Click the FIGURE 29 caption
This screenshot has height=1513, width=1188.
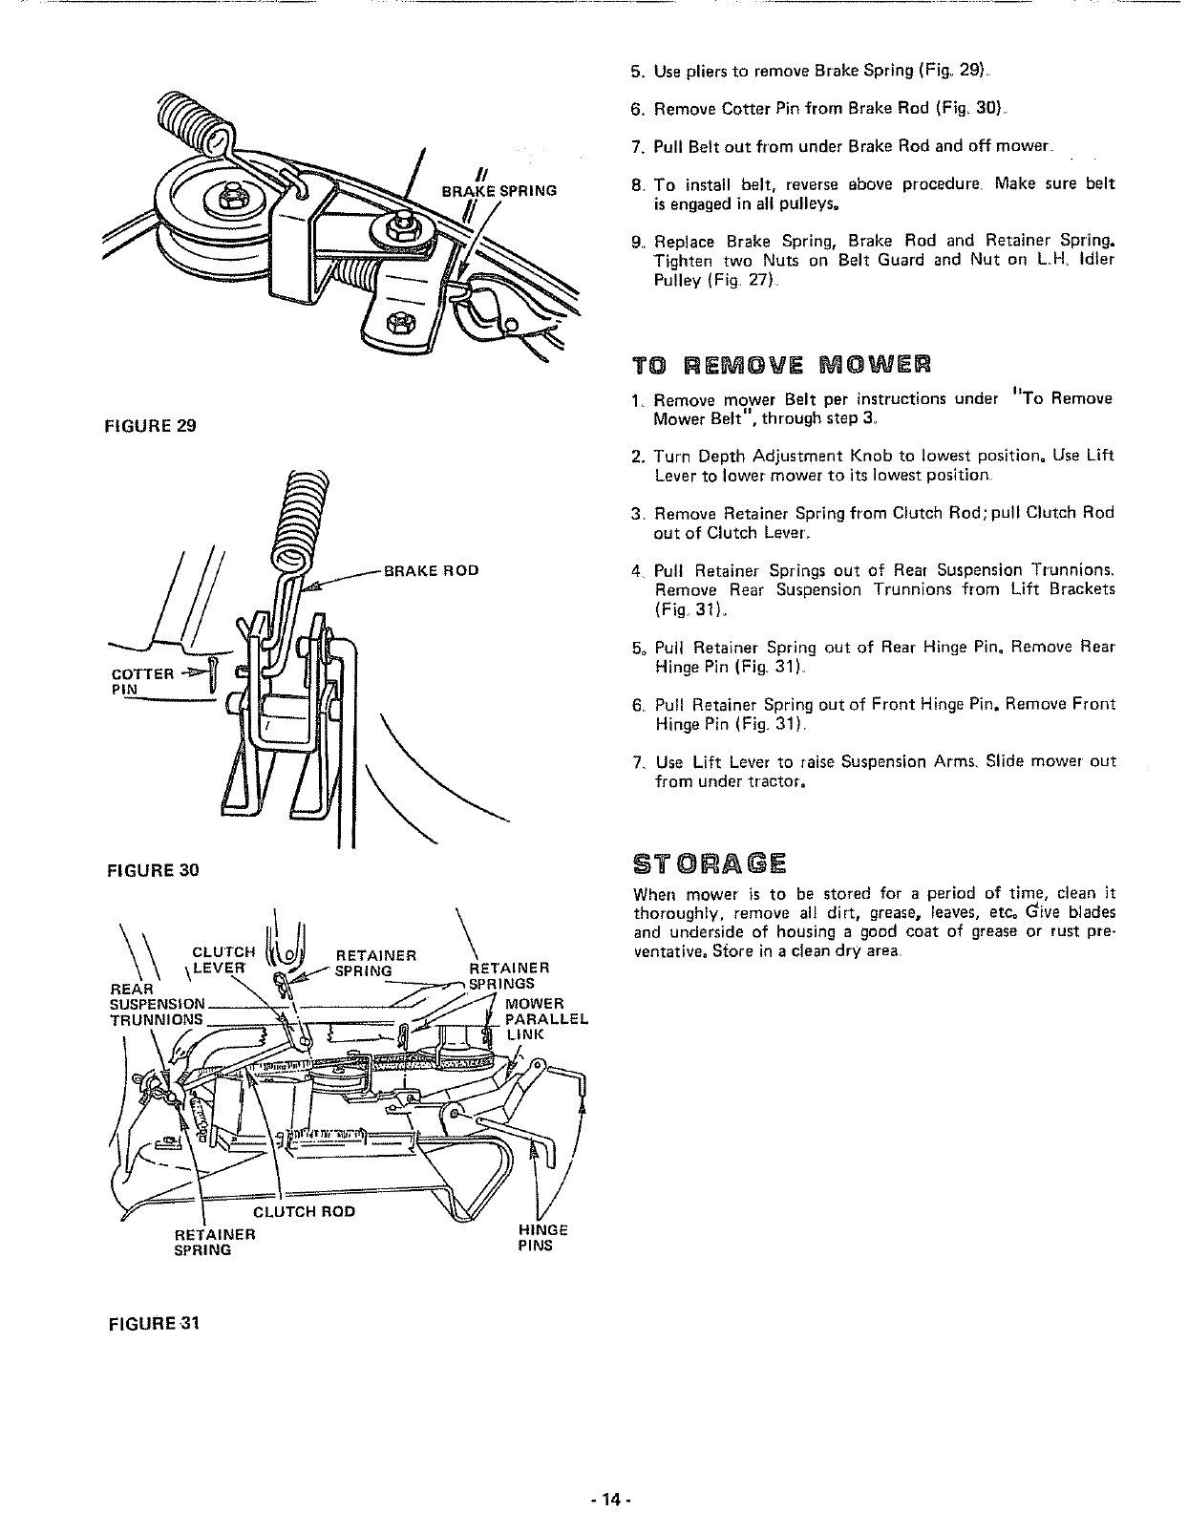[156, 426]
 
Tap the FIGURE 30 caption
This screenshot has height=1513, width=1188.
[156, 870]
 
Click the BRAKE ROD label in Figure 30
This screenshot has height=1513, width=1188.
[430, 571]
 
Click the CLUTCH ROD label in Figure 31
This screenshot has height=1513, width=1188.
[304, 1211]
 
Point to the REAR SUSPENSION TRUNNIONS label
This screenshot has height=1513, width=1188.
[159, 1004]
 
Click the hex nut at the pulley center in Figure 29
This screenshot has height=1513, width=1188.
[231, 198]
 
